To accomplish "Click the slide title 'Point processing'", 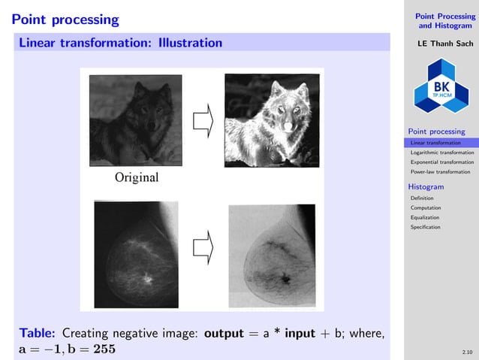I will [65, 19].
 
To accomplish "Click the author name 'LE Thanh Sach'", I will [439, 43].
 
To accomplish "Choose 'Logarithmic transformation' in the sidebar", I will [442, 153].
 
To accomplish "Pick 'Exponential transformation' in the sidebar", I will [442, 162].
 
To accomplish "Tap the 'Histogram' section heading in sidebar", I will [426, 186].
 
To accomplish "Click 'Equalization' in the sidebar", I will [426, 217].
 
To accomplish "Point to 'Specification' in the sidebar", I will [426, 227].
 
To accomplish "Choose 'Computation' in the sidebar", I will [426, 207].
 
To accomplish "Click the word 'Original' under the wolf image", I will [137, 178].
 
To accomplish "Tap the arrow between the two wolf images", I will [203, 120].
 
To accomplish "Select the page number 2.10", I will [468, 351].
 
